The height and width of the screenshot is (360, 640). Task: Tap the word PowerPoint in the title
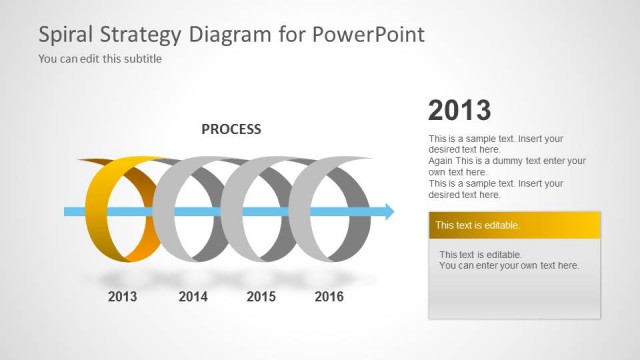[x=370, y=34]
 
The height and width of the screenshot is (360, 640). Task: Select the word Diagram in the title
[x=232, y=35]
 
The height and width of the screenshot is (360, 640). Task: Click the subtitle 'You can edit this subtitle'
[x=100, y=59]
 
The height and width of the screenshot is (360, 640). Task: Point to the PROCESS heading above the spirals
[x=231, y=129]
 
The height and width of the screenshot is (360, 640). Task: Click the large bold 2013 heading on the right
[x=459, y=110]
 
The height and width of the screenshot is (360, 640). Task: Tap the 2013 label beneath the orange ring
[x=122, y=297]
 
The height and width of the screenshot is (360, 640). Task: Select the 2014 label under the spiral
[x=193, y=297]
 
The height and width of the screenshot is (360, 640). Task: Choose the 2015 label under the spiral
[x=261, y=297]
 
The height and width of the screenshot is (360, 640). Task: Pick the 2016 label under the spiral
[x=329, y=297]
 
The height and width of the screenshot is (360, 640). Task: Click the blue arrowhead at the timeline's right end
[x=387, y=211]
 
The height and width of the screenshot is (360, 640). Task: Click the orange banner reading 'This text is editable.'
[x=514, y=225]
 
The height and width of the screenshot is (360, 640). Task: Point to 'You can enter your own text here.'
[x=509, y=266]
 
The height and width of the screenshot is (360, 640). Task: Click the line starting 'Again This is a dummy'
[x=507, y=160]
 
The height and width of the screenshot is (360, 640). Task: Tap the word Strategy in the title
[x=140, y=35]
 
